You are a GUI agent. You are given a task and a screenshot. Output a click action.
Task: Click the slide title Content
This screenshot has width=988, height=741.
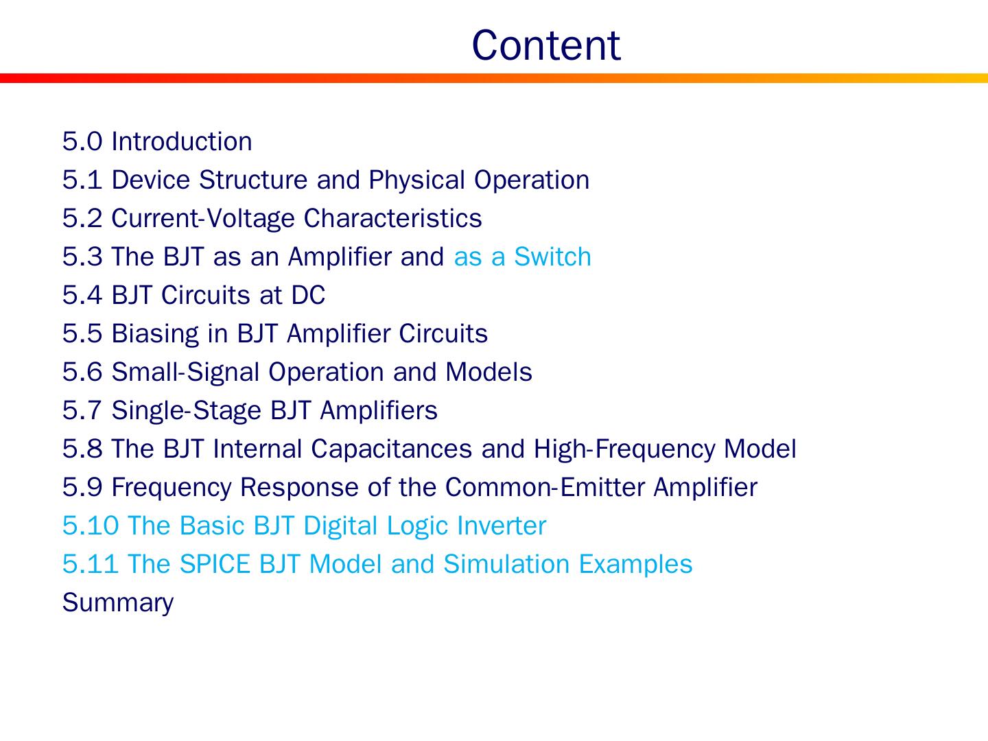coord(546,45)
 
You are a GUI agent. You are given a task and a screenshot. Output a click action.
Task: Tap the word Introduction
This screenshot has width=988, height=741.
coord(181,141)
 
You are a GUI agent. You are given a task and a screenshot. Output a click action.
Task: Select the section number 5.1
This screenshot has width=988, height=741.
coord(82,180)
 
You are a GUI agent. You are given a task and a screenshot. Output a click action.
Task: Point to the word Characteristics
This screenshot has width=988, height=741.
coord(392,218)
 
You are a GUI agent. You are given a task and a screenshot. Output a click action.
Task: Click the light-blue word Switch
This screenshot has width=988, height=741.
coord(552,257)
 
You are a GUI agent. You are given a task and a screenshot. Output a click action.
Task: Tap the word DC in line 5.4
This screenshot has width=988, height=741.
coord(308,295)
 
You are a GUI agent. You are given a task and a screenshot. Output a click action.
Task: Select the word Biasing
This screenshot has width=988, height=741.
coord(155,335)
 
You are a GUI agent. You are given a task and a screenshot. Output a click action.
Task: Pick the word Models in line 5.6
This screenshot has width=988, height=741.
coord(489,372)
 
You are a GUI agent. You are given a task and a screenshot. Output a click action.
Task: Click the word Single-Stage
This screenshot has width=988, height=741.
coord(187,411)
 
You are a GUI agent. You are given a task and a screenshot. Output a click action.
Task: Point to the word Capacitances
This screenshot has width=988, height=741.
coord(392,449)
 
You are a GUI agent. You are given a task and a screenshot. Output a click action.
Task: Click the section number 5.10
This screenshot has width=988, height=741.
coord(91,526)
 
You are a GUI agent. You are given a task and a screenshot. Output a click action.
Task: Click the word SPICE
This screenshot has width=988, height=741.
coord(215,564)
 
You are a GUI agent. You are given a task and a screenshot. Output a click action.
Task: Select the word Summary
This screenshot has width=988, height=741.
coord(118,604)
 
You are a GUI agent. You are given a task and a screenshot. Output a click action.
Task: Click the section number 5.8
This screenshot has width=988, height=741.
coord(82,449)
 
